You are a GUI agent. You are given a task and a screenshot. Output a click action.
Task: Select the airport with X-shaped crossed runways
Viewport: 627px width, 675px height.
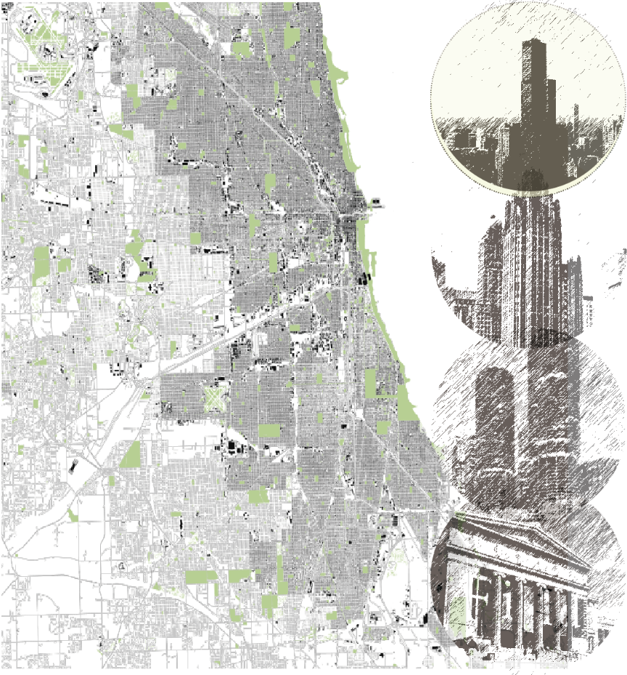pos(213,398)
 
